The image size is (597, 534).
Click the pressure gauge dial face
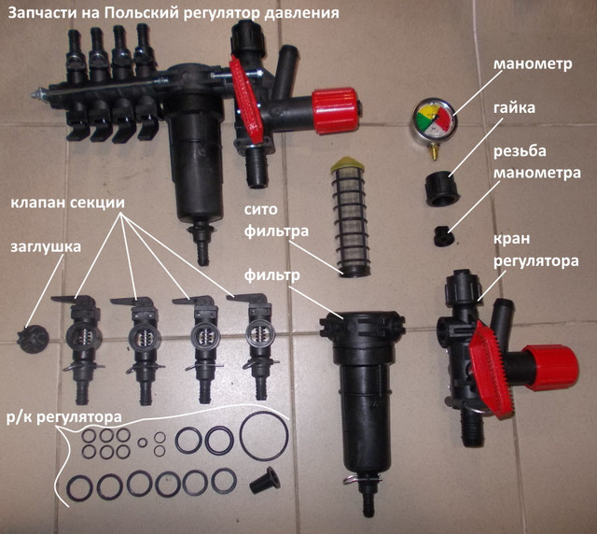tap(434, 119)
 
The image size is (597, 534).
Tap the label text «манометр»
tap(533, 63)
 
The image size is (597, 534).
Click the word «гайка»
tap(514, 108)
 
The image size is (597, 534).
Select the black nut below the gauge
tap(442, 189)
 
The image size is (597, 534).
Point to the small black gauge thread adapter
tap(444, 236)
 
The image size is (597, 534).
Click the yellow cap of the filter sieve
tap(346, 164)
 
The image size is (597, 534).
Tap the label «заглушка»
tap(46, 247)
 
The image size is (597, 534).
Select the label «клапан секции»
tap(67, 203)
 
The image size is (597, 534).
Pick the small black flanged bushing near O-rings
tap(265, 480)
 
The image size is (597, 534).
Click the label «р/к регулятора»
tap(64, 417)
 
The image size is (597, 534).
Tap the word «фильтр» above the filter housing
tap(271, 274)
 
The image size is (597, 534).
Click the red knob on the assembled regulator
tap(335, 111)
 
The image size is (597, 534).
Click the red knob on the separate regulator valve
tap(551, 368)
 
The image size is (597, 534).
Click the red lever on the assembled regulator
tap(246, 100)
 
